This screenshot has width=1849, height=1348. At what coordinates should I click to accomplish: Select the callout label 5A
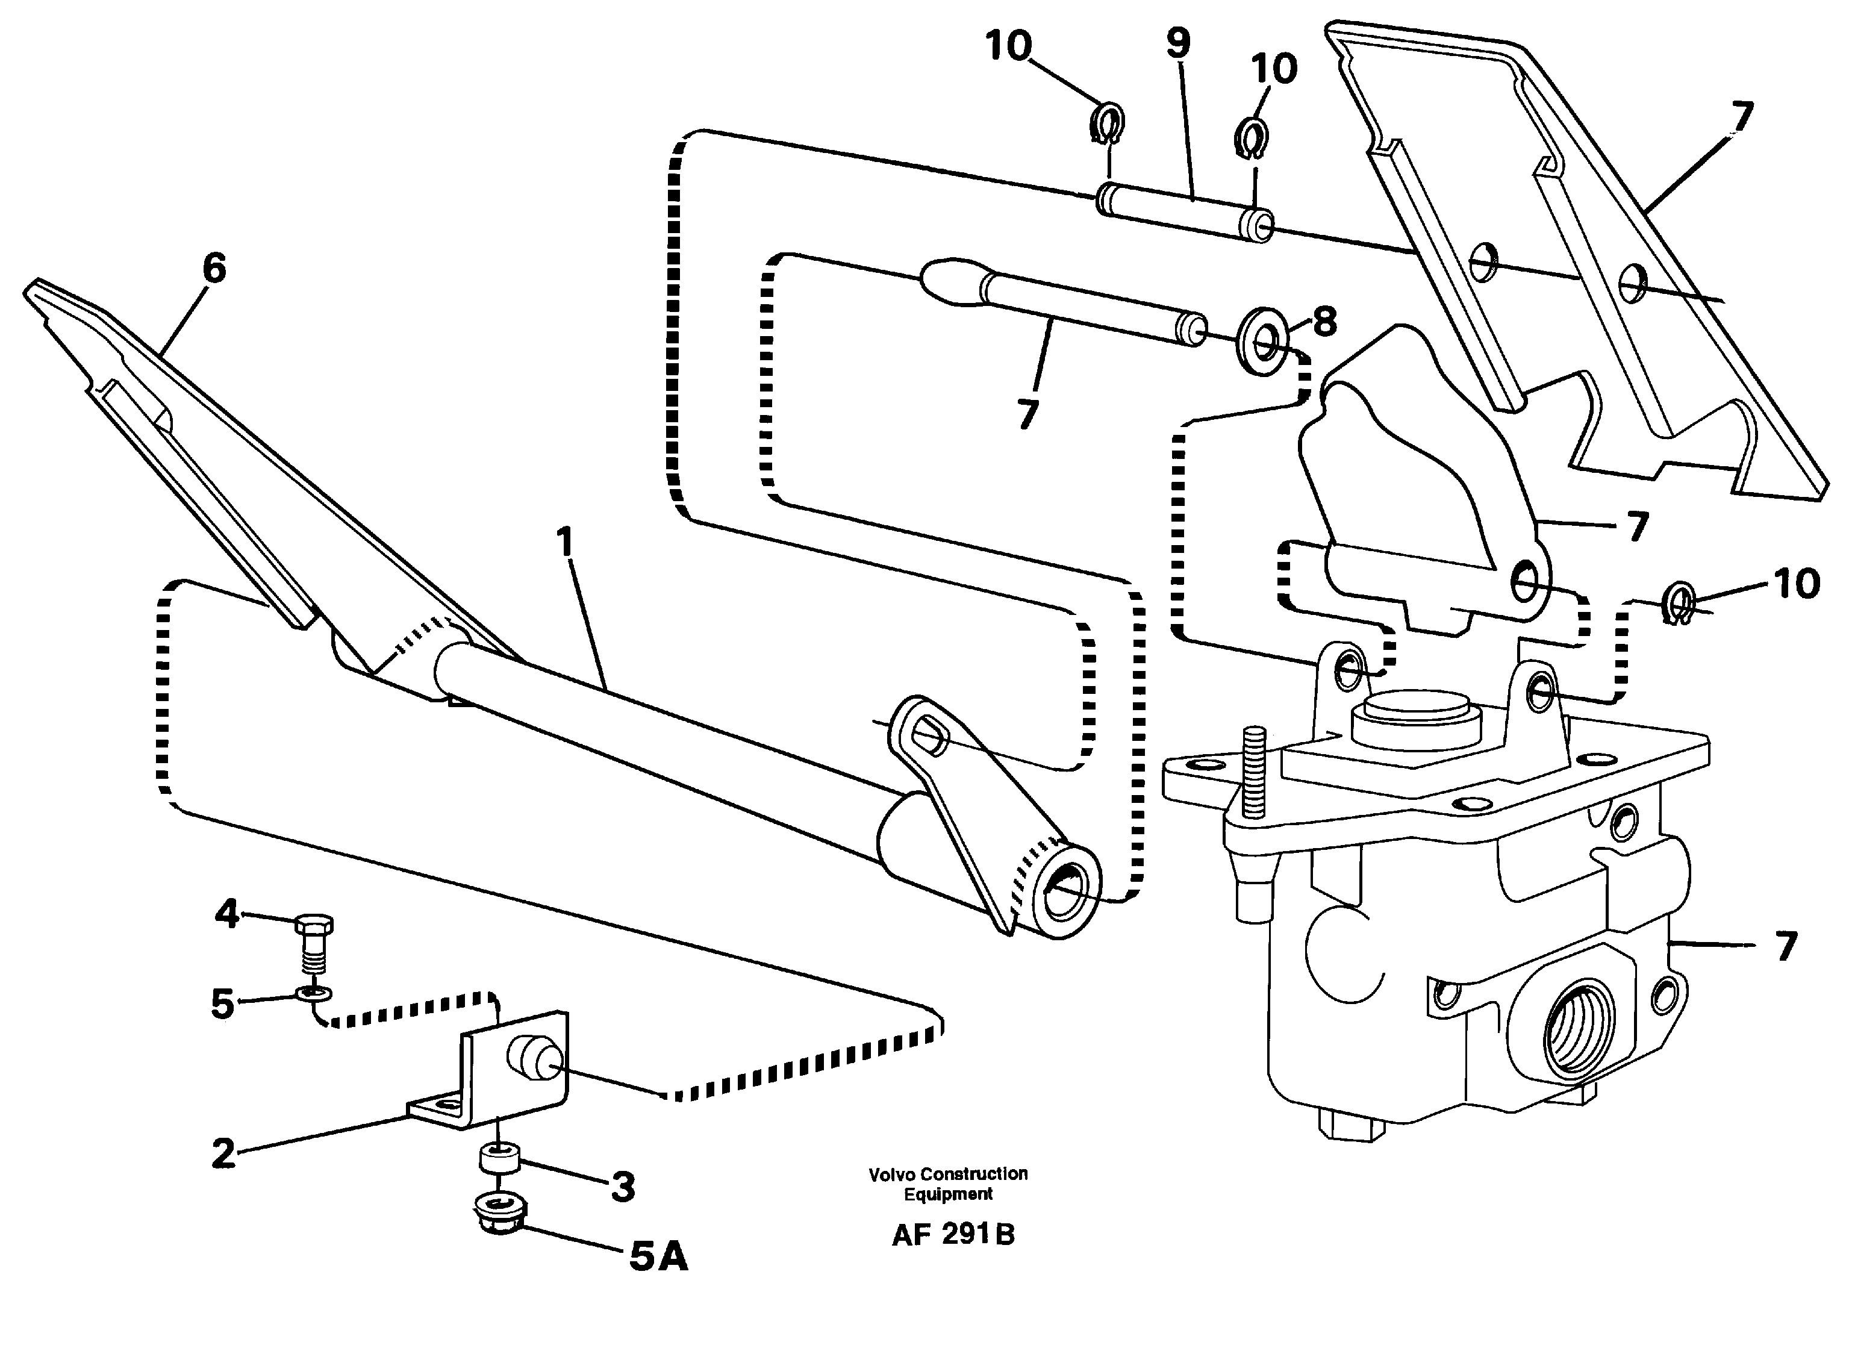coord(658,1258)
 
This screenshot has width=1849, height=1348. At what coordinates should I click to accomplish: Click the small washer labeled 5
coord(314,993)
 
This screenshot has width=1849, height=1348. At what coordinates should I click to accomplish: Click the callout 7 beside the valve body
coord(1785,946)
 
